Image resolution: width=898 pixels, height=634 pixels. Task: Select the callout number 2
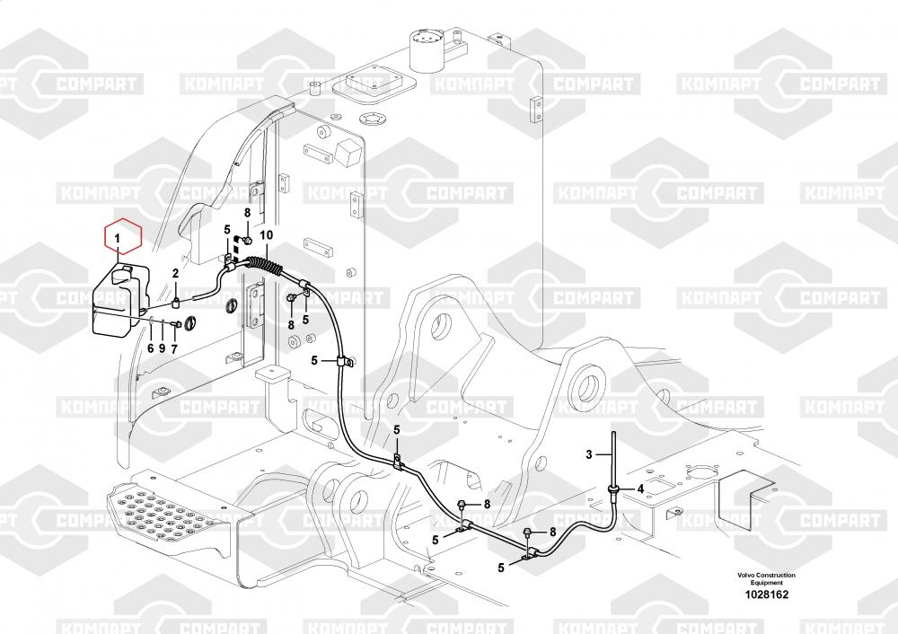click(176, 274)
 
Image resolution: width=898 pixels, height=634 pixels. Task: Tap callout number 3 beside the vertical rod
click(589, 454)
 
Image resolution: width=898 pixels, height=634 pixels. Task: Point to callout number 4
click(640, 489)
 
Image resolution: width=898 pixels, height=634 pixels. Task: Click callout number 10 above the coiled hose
click(267, 234)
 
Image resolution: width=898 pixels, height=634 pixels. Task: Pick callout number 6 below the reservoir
click(151, 348)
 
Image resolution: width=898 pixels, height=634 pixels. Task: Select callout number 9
click(162, 348)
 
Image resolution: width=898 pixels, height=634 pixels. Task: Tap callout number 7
click(174, 348)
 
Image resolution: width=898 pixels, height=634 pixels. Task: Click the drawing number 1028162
click(766, 594)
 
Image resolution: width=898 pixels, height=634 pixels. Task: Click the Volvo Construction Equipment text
click(766, 578)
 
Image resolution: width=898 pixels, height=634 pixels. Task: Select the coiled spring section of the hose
click(265, 267)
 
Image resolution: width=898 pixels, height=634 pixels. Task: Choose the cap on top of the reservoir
click(124, 274)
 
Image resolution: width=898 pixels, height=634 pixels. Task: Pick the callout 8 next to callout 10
click(248, 213)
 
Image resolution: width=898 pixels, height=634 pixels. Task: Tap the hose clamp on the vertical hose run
click(343, 361)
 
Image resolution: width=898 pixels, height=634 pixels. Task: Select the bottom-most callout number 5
click(501, 568)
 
